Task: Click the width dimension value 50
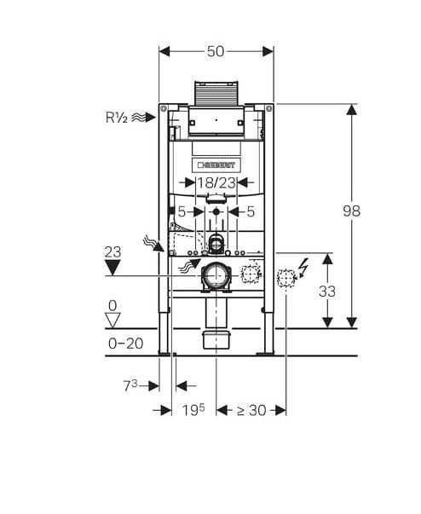[216, 51]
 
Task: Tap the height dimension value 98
[351, 211]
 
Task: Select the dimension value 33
[327, 291]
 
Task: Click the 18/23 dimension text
[216, 182]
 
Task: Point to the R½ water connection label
[116, 118]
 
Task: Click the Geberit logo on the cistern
[216, 165]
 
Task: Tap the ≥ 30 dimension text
[251, 410]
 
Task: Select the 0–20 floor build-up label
[126, 344]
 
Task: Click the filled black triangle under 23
[112, 267]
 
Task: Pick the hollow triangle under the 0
[112, 320]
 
